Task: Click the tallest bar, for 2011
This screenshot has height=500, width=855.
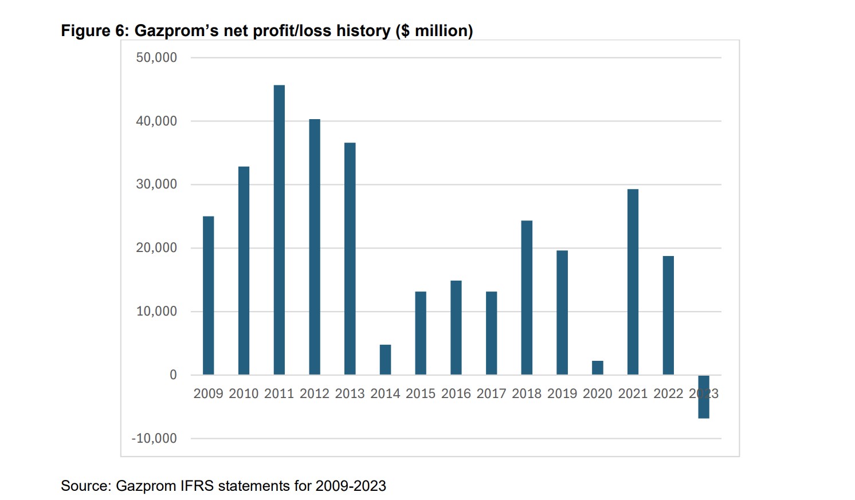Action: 279,229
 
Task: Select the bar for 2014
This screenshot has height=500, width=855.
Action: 385,359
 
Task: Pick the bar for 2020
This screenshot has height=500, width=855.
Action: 598,367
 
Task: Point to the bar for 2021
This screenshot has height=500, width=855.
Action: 633,281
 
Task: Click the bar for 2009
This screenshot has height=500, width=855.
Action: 209,295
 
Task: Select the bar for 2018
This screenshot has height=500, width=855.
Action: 527,297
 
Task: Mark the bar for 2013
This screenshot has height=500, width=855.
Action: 350,258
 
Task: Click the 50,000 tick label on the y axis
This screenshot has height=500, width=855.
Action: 156,57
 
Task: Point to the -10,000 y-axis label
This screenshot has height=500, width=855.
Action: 154,438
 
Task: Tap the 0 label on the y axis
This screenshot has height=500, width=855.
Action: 173,375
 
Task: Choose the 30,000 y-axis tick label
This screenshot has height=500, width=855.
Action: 156,184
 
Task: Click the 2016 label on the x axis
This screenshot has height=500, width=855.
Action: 456,393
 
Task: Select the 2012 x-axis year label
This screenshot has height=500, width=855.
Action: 315,393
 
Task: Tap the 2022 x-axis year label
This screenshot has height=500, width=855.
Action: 668,393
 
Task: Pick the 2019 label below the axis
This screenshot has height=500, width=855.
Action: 562,393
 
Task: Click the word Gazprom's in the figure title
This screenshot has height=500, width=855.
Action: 177,30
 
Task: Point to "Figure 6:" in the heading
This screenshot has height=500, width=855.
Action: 95,30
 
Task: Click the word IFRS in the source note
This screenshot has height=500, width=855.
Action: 197,486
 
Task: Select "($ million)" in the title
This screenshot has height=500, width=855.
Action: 434,30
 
